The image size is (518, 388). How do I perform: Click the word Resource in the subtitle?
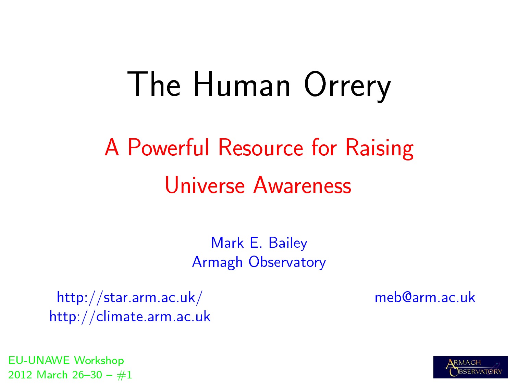260,147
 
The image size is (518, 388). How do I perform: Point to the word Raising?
379,148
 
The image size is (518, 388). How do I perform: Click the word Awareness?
302,185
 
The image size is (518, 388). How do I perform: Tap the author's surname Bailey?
288,243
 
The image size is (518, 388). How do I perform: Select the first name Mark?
227,242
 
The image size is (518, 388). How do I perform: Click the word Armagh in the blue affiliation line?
217,262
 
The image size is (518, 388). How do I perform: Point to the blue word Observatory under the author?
287,262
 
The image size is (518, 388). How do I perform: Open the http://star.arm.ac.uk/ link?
129,298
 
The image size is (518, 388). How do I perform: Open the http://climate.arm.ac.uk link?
129,317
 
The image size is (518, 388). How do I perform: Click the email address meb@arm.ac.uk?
425,297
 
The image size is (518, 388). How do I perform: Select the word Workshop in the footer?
99,361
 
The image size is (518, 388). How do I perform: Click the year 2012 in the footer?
20,375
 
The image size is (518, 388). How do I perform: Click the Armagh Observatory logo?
471,367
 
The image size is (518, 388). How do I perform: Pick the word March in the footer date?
52,375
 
